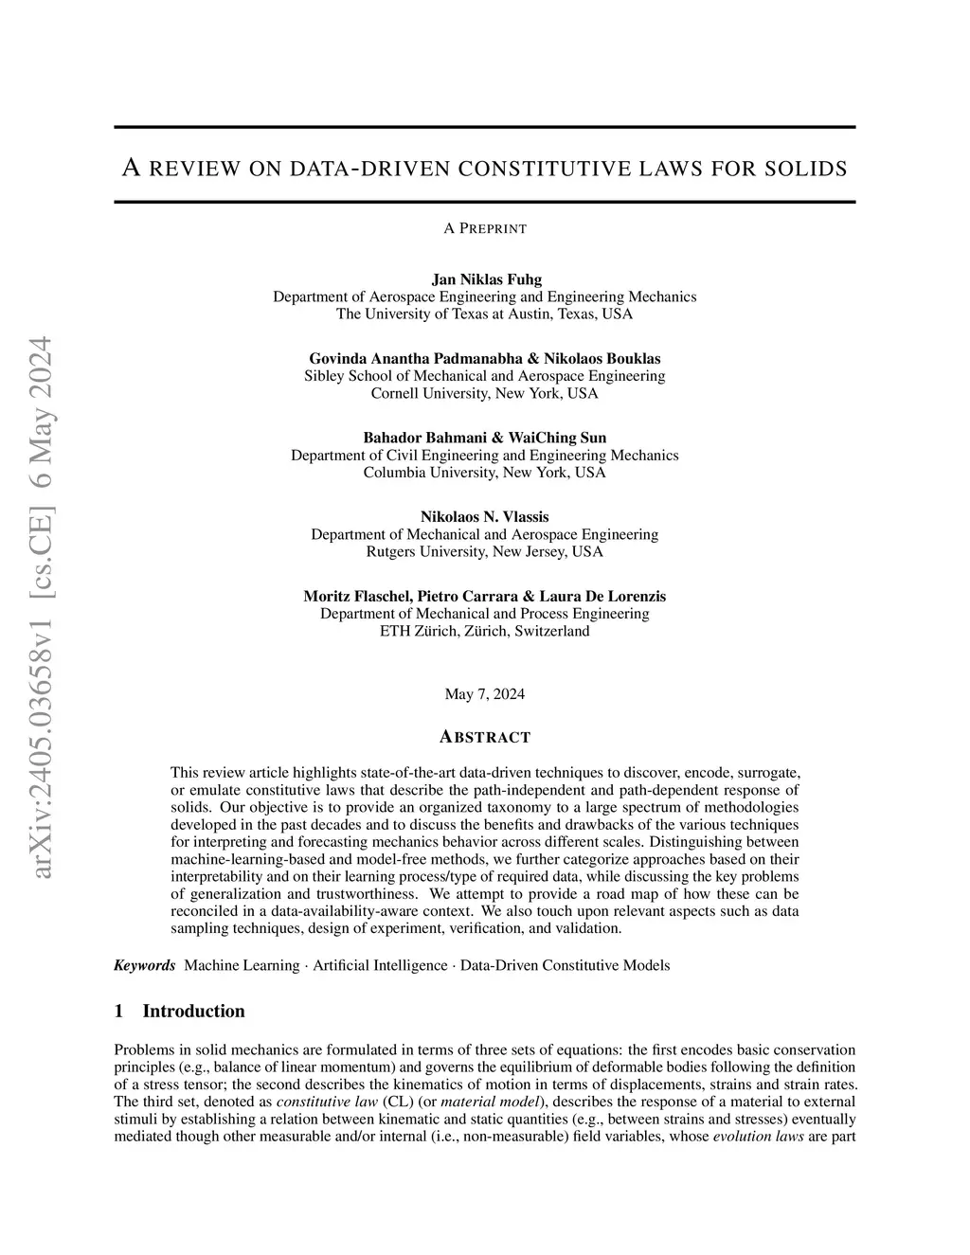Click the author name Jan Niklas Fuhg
(485, 279)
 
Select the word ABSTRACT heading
(485, 737)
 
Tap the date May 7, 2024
(485, 694)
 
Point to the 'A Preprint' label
(485, 228)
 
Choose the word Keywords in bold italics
(144, 965)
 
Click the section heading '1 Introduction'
(179, 1011)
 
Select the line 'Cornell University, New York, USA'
(485, 393)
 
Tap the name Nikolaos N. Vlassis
(485, 516)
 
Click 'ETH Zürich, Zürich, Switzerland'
(485, 631)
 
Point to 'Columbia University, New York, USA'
(485, 473)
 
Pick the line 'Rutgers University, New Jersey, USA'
(485, 551)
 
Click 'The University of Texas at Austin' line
(485, 314)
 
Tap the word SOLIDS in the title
(808, 170)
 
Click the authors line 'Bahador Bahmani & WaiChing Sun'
(485, 438)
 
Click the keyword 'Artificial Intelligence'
(380, 965)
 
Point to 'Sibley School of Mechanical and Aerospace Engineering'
(485, 376)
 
